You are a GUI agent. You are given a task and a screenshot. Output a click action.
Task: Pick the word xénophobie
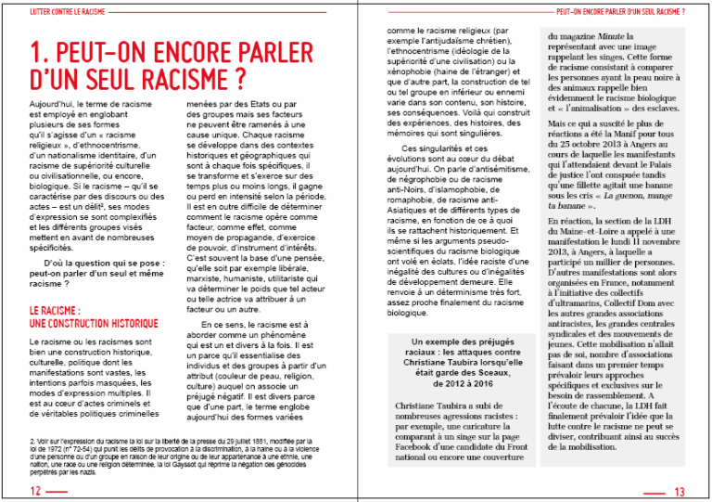411,71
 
